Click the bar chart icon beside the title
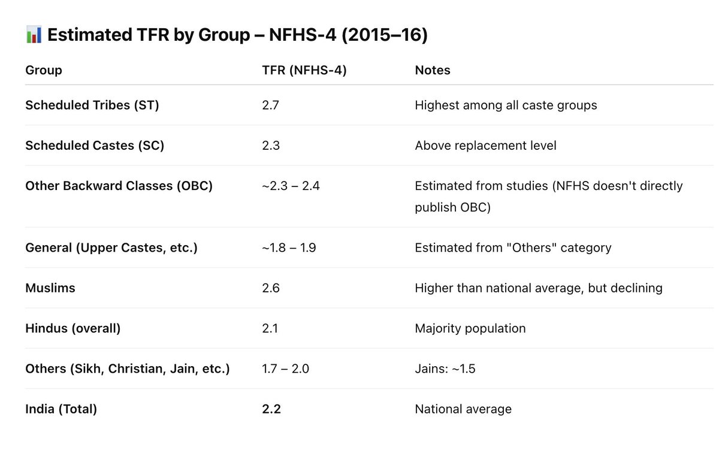(34, 35)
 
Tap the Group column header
(44, 70)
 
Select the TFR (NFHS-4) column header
(304, 70)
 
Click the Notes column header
(433, 70)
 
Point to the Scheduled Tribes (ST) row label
(92, 105)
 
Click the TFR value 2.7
(270, 105)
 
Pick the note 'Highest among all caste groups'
(506, 105)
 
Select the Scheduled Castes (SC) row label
(95, 146)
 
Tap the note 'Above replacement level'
(485, 146)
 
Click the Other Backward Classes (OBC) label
(119, 186)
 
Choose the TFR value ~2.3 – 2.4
(291, 186)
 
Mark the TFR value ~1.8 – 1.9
(289, 248)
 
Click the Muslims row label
(50, 288)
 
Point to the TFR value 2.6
(271, 288)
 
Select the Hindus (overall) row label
(73, 328)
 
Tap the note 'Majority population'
(470, 328)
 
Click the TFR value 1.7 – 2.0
(285, 369)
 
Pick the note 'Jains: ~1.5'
(445, 369)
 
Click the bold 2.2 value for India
(271, 409)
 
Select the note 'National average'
(463, 409)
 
